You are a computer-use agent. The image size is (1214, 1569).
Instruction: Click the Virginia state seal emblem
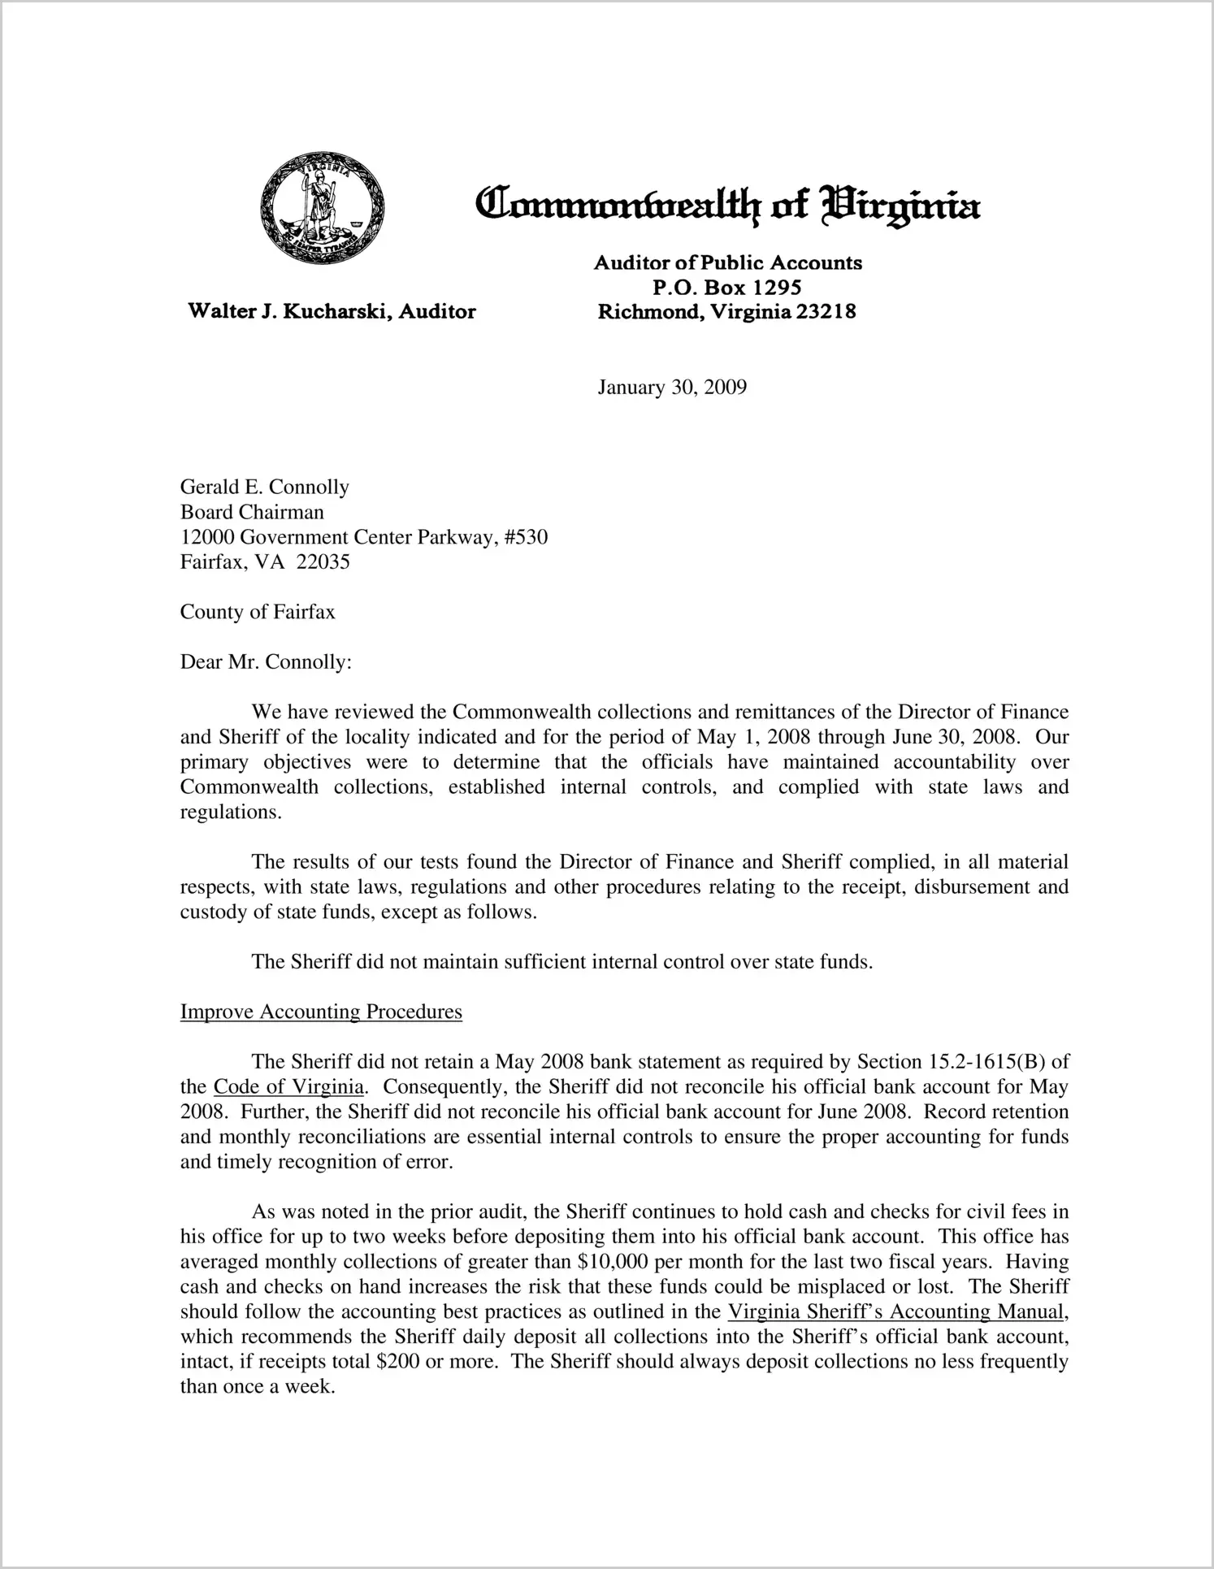(322, 207)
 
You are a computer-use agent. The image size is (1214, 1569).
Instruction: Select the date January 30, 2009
(672, 388)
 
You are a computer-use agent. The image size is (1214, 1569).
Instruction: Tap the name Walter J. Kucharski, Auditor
(332, 311)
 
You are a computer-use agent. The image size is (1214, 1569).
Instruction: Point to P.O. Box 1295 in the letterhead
(727, 287)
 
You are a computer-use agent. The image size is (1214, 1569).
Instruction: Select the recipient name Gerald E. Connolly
(265, 488)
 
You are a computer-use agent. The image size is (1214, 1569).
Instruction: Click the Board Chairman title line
(252, 513)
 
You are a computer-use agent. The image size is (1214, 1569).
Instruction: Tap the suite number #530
(526, 537)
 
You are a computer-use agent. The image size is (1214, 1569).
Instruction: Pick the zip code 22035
(323, 562)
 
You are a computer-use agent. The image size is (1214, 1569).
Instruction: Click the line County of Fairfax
(258, 612)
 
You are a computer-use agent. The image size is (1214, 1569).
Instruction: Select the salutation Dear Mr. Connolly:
(266, 662)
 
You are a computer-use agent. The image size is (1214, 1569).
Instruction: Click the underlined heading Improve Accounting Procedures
(321, 1012)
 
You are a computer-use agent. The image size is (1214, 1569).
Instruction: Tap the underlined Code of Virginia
(288, 1087)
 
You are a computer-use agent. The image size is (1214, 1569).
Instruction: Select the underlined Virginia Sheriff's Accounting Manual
(895, 1312)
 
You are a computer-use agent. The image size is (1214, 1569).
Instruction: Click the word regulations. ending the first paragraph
(231, 813)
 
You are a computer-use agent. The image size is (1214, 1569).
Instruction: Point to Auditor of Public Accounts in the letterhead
(728, 262)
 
